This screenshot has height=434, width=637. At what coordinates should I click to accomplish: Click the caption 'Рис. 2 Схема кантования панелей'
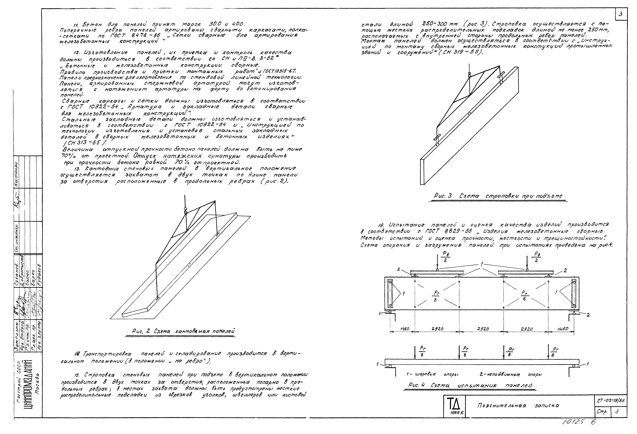[183, 331]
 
